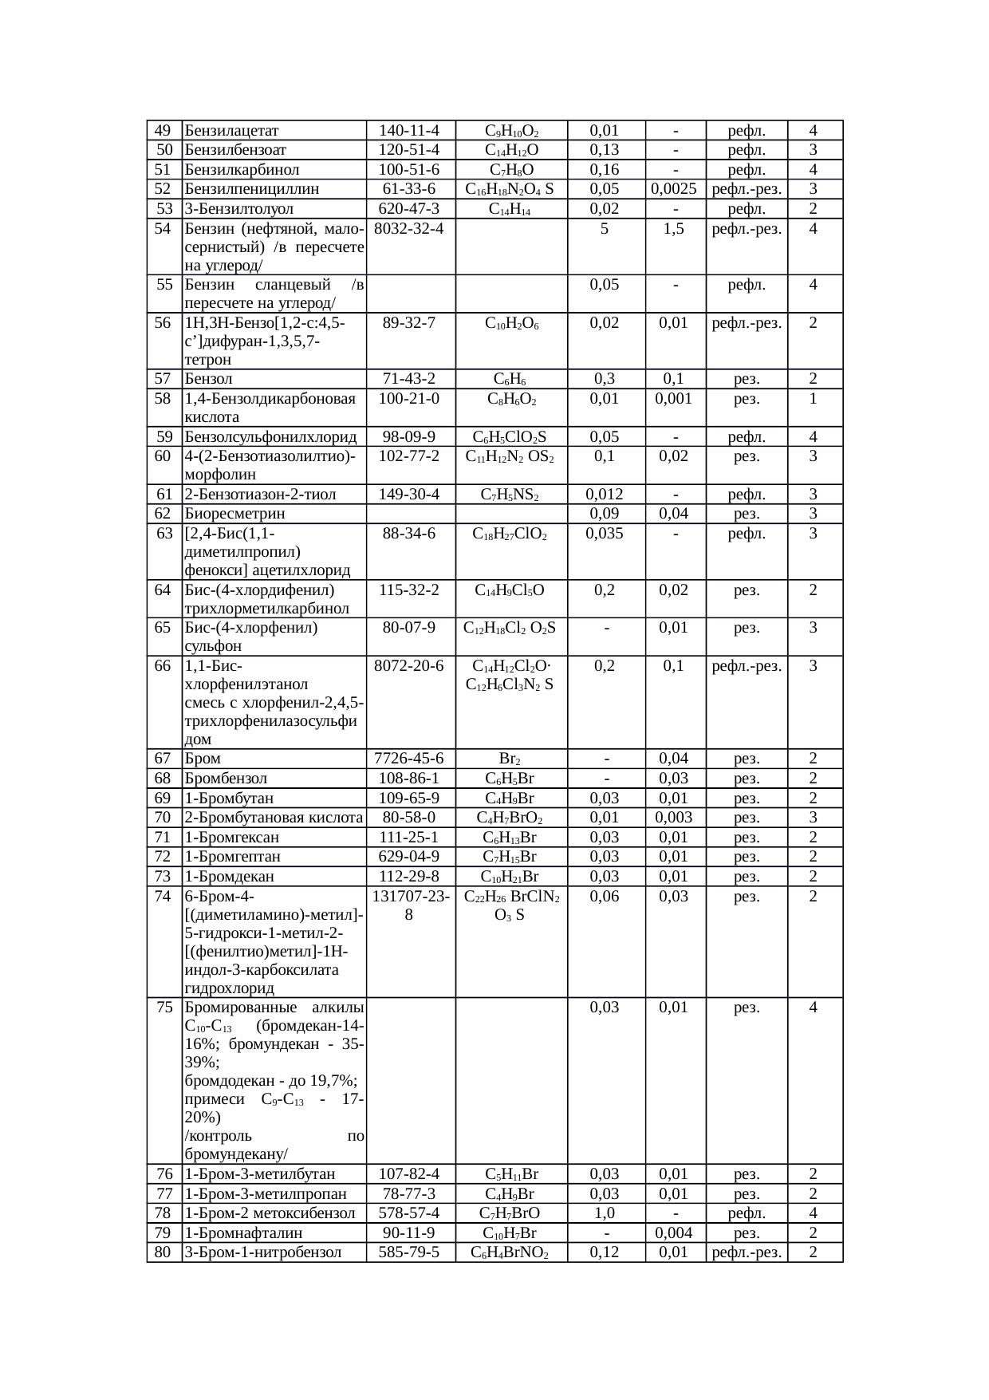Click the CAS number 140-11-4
(408, 131)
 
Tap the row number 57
(163, 379)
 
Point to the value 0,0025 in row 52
(675, 189)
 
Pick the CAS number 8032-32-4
(408, 228)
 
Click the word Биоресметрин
(234, 514)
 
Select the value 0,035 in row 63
(604, 533)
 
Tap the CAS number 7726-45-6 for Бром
(408, 759)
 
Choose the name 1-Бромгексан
(231, 837)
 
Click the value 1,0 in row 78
(604, 1213)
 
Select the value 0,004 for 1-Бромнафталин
(675, 1233)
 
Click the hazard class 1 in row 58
(813, 398)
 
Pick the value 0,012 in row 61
(604, 495)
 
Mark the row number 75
(164, 1007)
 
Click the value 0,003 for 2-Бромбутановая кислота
(675, 817)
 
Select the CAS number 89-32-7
(408, 322)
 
